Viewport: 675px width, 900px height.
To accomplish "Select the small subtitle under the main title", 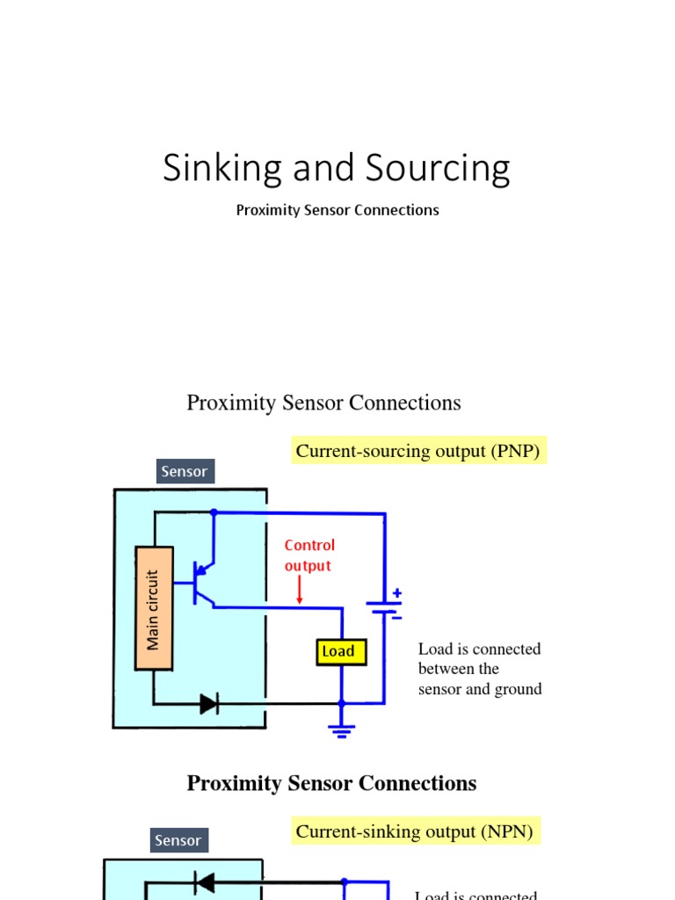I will click(x=337, y=210).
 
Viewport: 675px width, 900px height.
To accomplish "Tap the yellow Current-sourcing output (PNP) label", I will click(x=418, y=451).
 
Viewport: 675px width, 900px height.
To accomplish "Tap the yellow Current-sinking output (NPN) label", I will click(x=414, y=831).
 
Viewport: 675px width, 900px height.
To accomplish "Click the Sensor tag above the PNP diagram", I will click(x=185, y=471).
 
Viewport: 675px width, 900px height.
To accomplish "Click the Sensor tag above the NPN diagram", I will click(x=178, y=840).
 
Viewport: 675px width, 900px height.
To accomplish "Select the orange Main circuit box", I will click(x=154, y=609).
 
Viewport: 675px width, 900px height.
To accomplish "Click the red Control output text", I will click(x=309, y=555).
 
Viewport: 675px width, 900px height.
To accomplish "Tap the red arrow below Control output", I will click(x=300, y=590).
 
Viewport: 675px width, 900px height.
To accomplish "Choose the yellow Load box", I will click(x=340, y=651).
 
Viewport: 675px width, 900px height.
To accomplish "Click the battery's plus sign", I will click(x=396, y=593).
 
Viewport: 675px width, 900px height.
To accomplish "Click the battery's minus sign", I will click(x=396, y=617).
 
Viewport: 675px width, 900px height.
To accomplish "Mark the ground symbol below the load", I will click(x=342, y=728).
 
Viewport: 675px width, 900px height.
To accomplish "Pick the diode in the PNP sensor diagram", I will click(x=209, y=703).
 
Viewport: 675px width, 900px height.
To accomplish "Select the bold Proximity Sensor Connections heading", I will click(x=331, y=783).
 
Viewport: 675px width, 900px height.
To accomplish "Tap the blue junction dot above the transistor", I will click(x=213, y=512).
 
